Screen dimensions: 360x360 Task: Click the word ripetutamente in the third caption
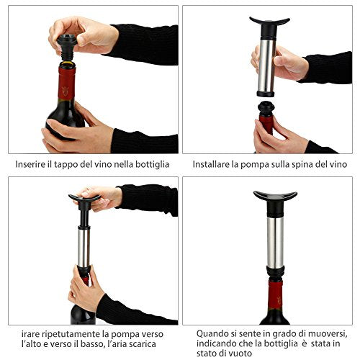(71, 334)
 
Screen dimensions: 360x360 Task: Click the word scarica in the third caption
(143, 344)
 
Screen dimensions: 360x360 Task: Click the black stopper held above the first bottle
(67, 47)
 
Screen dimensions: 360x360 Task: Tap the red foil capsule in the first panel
(66, 83)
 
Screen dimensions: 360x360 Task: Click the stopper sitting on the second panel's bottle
(266, 109)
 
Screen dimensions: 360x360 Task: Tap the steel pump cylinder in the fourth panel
(275, 243)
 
